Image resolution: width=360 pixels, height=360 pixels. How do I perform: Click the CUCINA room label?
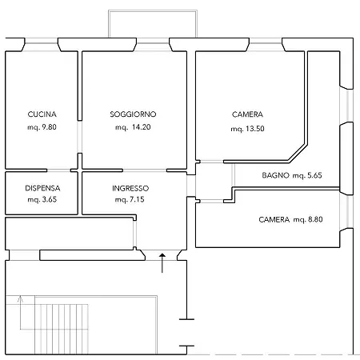[42, 114]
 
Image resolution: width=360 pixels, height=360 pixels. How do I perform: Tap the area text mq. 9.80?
[42, 127]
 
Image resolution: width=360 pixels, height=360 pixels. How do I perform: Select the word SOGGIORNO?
[133, 114]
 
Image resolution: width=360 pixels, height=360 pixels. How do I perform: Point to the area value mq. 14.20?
[133, 127]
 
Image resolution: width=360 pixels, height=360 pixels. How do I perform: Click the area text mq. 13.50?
[247, 129]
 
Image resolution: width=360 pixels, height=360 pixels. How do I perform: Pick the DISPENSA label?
[42, 188]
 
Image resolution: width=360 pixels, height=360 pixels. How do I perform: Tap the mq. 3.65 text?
[42, 200]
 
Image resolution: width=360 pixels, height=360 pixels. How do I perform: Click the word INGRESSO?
[130, 188]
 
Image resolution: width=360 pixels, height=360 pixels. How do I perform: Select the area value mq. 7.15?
[130, 200]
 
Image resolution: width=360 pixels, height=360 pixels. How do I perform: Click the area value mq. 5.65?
[307, 175]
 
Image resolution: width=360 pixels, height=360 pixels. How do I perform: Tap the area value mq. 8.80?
[308, 220]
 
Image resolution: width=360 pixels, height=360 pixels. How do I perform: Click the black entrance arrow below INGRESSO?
[162, 263]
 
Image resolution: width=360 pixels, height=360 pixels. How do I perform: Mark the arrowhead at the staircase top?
[20, 298]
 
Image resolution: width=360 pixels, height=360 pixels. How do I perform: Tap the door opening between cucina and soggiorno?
[79, 137]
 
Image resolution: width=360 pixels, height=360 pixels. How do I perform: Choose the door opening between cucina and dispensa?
[58, 170]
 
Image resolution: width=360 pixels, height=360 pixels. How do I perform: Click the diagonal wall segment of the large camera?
[298, 154]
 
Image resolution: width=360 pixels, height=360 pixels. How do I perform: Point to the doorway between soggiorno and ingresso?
[145, 170]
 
